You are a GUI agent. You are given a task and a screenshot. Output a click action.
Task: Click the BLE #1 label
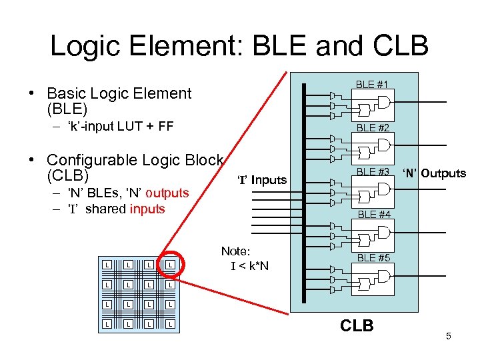coord(373,85)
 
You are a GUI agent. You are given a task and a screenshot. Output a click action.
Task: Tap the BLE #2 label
coord(373,127)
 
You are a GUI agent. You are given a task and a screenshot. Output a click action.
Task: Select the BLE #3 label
coord(373,171)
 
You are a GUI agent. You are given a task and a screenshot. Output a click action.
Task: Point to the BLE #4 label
coord(374,215)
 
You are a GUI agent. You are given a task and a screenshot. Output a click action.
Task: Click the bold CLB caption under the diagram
coord(357,325)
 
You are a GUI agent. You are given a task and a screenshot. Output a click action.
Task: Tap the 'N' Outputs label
coord(435,173)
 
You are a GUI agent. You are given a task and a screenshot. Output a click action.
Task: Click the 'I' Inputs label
coord(263,180)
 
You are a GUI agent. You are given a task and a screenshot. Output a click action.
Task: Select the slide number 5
coord(449,336)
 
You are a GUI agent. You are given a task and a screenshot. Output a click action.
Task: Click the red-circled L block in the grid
coord(171,265)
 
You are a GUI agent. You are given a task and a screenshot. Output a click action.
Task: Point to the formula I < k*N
coord(249,267)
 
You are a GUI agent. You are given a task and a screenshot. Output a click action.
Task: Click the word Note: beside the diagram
coord(235,251)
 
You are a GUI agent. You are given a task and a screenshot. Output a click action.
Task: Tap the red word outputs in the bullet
coord(167,193)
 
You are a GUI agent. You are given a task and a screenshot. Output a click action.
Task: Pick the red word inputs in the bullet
coord(147,209)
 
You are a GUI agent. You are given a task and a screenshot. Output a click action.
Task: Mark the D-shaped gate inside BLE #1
coord(383,101)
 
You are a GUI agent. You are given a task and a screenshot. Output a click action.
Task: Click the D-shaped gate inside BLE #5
coord(383,274)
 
